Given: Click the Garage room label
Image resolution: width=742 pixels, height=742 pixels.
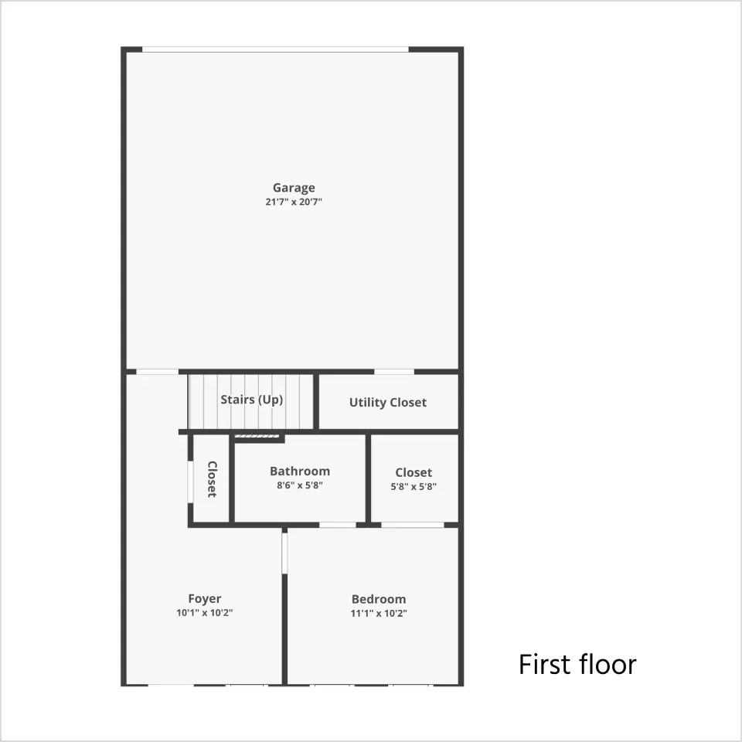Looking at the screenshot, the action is pos(294,188).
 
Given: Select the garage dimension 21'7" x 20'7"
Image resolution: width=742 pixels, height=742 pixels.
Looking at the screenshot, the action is pos(294,202).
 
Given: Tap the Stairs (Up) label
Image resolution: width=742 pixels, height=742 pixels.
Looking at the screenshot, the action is pos(252,400).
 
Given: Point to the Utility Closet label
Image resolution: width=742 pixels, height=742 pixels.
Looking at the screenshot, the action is pos(388,402).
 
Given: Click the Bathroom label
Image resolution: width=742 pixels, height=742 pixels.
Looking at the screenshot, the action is pos(300,471).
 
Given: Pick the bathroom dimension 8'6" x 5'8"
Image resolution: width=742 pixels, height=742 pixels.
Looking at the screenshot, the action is pos(300,485).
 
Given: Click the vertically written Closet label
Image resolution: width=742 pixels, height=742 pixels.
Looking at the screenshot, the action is pos(212,479).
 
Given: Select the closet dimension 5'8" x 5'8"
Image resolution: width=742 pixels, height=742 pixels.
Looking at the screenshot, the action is pos(414,486).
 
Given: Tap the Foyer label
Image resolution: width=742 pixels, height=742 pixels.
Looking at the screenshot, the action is pos(204,599).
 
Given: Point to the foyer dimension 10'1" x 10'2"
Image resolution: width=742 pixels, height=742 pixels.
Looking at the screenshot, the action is pos(204,613).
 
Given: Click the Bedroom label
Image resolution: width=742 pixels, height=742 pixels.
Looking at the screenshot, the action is pos(379,600).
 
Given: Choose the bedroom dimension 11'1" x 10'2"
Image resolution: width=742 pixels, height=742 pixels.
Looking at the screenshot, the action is pos(379,613).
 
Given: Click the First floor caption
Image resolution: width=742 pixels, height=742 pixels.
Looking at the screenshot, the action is pos(577,665).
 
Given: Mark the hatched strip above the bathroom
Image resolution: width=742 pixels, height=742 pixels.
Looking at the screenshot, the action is pos(257,436).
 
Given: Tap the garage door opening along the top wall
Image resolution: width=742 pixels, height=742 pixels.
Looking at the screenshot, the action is pos(275,49).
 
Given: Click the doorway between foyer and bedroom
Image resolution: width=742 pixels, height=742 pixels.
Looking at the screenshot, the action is pos(284,553).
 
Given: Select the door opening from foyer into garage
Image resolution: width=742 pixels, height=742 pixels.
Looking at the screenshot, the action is pos(157,372).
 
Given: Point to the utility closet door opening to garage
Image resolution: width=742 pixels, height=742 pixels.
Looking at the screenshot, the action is pos(394,372).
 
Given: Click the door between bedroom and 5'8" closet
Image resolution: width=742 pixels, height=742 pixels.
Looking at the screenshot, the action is pos(413,525).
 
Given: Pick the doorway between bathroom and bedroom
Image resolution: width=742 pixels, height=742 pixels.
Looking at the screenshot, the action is pos(338,525).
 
